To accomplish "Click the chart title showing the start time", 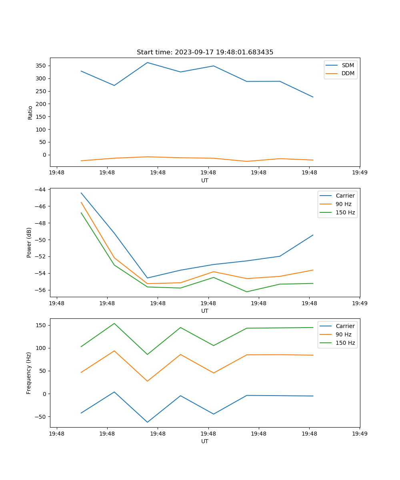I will (205, 52).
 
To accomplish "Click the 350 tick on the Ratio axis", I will (41, 66).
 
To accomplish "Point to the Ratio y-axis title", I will (30, 112).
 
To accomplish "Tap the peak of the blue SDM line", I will (147, 62).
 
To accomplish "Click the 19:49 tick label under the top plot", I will (359, 173).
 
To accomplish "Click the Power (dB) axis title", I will (29, 242).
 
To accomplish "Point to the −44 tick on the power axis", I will (40, 190).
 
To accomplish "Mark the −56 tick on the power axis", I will (40, 290).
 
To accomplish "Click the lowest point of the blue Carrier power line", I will (147, 278).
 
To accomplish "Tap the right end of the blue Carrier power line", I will (313, 235).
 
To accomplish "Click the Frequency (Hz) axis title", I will (29, 373).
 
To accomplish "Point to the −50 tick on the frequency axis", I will (40, 416).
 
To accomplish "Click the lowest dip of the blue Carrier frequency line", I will (147, 422).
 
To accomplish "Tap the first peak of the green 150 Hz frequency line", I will (114, 324).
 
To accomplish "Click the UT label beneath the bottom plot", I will (205, 441).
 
